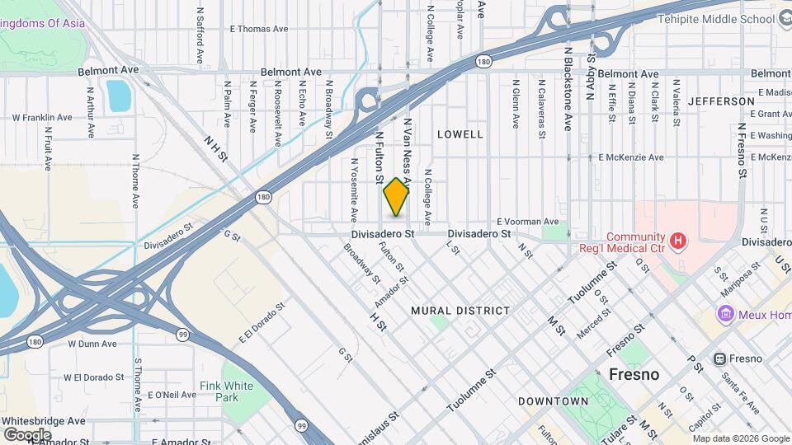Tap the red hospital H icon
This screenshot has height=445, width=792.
678,240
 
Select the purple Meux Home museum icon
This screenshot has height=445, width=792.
725,314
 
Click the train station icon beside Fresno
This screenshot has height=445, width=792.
719,359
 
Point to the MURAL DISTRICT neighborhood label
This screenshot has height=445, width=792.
460,311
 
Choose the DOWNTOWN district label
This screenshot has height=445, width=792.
553,401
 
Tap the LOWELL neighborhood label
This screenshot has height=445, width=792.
460,133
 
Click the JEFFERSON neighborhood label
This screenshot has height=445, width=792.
721,101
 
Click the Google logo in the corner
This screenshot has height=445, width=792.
27,434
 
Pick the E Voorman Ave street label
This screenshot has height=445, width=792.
528,222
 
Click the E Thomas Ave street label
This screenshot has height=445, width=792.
259,29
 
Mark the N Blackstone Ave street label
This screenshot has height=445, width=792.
568,88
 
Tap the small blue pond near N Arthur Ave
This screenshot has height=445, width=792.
118,96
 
